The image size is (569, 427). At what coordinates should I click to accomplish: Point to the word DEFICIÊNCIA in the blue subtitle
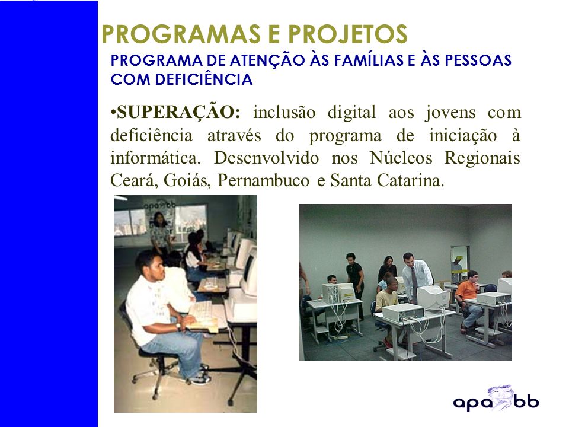pyautogui.click(x=203, y=79)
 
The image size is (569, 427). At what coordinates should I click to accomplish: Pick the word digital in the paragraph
pyautogui.click(x=351, y=113)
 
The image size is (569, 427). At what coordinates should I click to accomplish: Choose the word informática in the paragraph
pyautogui.click(x=155, y=158)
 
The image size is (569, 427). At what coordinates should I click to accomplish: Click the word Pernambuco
pyautogui.click(x=263, y=180)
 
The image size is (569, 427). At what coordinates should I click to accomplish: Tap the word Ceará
pyautogui.click(x=134, y=180)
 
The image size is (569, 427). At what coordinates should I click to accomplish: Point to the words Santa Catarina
pyautogui.click(x=387, y=180)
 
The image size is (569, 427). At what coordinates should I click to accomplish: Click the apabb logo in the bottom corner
pyautogui.click(x=496, y=399)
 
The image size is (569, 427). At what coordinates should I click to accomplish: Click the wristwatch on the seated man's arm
pyautogui.click(x=178, y=326)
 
